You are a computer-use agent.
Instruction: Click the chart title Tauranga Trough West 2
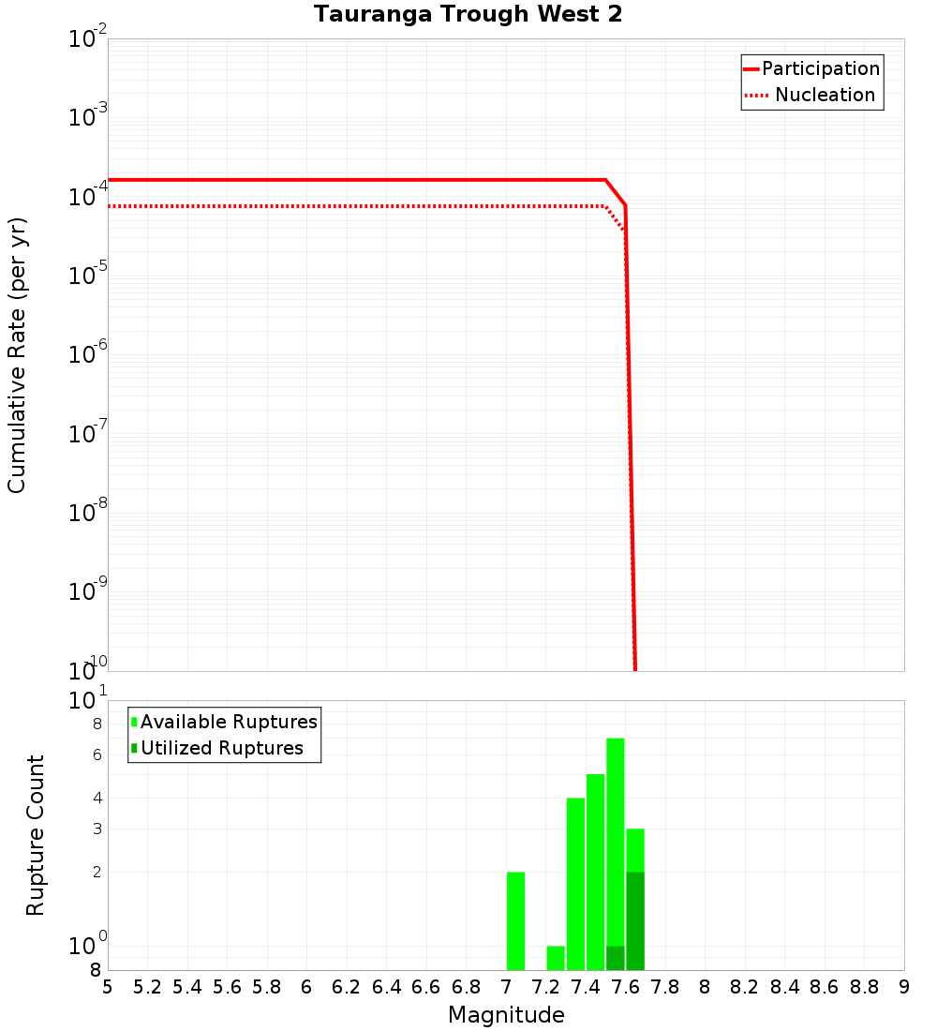click(468, 14)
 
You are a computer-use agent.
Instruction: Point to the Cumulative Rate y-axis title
click(17, 355)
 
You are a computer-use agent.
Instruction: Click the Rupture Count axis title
click(36, 835)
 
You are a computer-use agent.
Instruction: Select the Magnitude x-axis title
click(506, 1015)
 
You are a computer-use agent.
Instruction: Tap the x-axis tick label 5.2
click(147, 987)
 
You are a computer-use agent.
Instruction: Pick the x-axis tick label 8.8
click(864, 987)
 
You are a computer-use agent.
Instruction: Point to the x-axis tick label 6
click(306, 987)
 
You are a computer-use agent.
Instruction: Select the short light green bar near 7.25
click(556, 958)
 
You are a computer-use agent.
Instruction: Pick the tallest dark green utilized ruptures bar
click(635, 920)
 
